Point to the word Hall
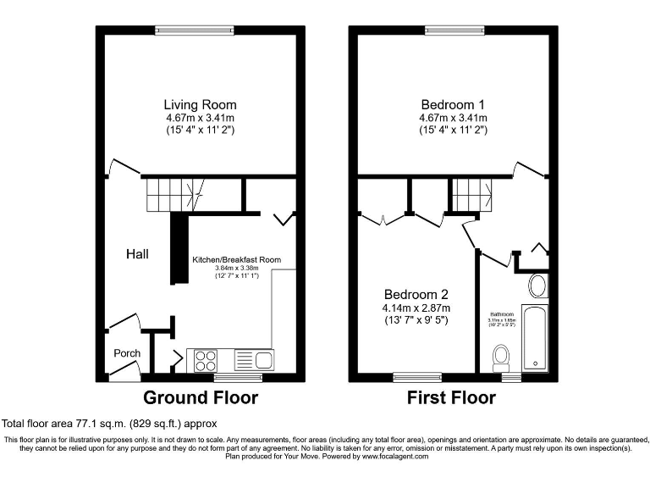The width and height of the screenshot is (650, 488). pos(138,253)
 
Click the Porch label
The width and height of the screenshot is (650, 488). pos(126,353)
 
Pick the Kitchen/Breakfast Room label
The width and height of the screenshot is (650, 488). pos(236,260)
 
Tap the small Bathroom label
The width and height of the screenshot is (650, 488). pos(502,314)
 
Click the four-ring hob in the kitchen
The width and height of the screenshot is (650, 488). pos(206,361)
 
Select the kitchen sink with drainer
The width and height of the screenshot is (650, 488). pos(252,361)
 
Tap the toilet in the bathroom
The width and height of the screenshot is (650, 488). pos(500,356)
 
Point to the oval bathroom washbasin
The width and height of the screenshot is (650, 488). pos(537,285)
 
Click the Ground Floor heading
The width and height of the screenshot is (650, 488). pos(200,397)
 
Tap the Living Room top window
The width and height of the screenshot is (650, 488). pos(194,31)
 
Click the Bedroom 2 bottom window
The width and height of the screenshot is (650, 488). pos(417,377)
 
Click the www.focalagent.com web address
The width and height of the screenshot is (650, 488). pos(395,456)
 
